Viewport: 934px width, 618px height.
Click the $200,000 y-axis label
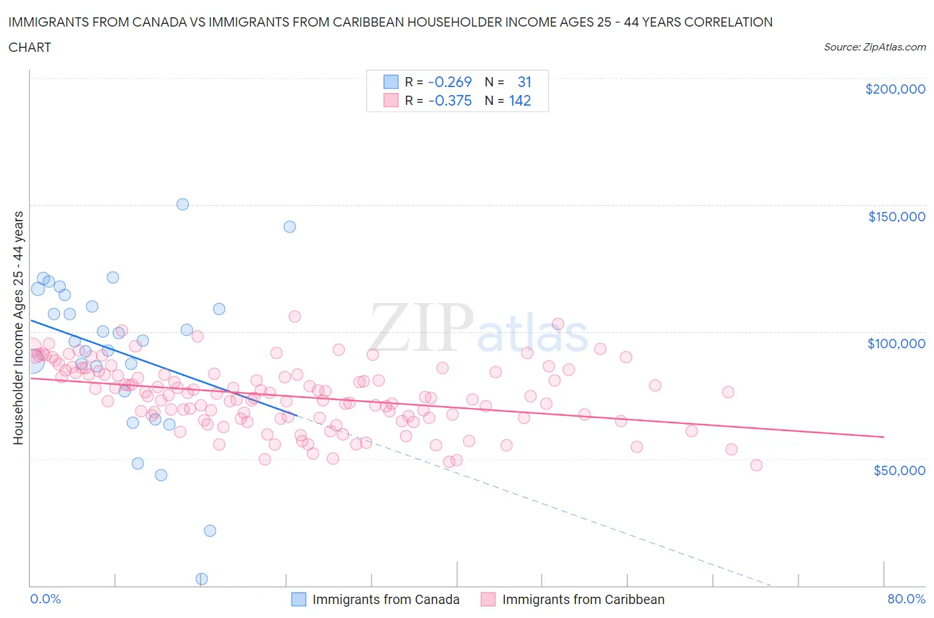coord(895,89)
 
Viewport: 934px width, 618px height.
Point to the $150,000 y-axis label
coord(896,217)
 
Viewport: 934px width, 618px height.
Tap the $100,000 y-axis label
coord(896,344)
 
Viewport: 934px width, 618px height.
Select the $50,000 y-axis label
coord(899,470)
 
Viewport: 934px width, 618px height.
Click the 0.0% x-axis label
coord(45,599)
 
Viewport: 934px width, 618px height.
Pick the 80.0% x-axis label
coord(906,599)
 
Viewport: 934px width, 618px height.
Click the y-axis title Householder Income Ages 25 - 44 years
coord(18,328)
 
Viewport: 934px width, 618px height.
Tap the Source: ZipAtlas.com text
coord(874,47)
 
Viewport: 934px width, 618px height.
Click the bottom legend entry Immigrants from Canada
coord(385,599)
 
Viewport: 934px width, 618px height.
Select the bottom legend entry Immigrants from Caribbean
coord(583,599)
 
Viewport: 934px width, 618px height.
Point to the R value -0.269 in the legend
coord(450,82)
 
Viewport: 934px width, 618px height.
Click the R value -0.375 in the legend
coord(450,100)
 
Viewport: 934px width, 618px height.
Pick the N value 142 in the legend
coord(519,100)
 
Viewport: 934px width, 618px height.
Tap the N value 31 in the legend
coord(524,82)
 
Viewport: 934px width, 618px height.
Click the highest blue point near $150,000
coord(183,204)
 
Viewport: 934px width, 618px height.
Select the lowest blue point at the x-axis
coord(202,579)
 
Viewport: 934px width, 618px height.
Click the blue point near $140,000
coord(290,227)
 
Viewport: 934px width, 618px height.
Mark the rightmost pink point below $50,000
coord(756,465)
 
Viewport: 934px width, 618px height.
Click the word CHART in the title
coord(30,47)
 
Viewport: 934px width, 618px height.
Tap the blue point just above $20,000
coord(210,530)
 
